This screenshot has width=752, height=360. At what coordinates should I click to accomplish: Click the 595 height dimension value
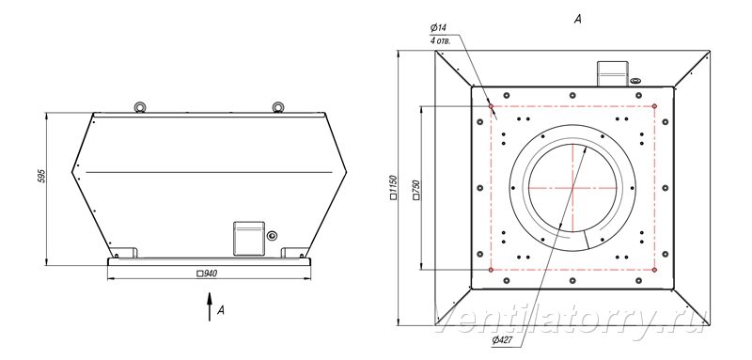(41, 176)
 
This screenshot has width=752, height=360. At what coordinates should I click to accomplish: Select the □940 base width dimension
(207, 274)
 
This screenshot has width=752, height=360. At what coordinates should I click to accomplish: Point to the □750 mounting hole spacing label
(415, 189)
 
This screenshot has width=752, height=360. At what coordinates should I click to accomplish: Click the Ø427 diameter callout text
(501, 340)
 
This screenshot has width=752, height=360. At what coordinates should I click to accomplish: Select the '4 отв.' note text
(440, 40)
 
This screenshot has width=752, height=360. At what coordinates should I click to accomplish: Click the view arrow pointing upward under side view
(209, 305)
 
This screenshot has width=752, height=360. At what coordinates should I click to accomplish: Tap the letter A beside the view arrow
(221, 310)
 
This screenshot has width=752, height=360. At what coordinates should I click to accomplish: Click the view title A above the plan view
(578, 19)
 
